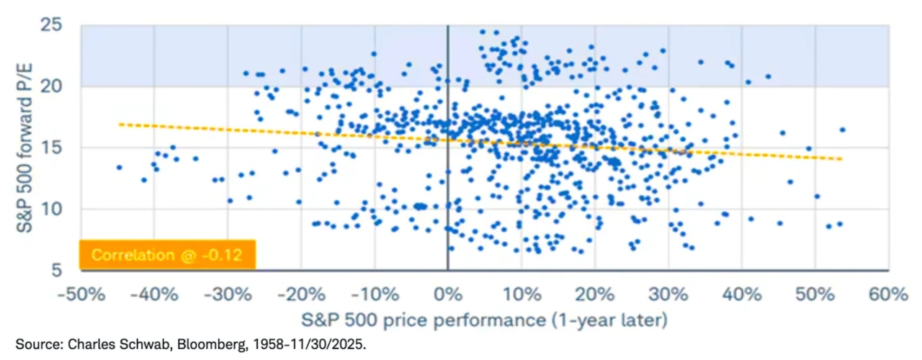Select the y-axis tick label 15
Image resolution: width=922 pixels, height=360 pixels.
[62, 148]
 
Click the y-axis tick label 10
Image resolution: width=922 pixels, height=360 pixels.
[62, 209]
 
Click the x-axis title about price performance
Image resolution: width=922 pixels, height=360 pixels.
[484, 318]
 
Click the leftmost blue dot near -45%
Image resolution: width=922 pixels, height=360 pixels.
[119, 167]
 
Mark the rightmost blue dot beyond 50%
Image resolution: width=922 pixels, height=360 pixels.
[842, 130]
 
